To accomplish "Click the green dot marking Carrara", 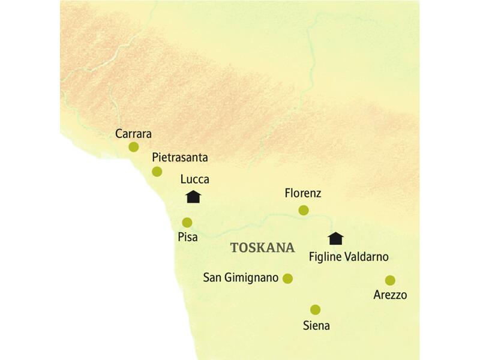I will click(133, 146).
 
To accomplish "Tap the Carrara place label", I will click(133, 133).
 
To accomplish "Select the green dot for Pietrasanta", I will click(157, 172).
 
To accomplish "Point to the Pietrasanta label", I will click(180, 158).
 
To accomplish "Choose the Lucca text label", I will click(195, 179).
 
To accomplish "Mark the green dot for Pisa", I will click(187, 222).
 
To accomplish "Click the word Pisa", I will click(188, 238).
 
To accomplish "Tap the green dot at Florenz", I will click(304, 210).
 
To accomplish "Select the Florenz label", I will click(304, 194).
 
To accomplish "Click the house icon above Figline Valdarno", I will click(336, 238).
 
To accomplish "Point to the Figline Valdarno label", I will click(349, 257).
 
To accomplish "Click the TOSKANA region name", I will click(263, 248).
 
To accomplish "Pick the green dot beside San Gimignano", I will click(287, 278).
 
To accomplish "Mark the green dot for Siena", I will click(315, 310).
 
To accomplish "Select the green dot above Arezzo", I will click(390, 280).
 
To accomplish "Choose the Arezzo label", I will click(390, 295).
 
